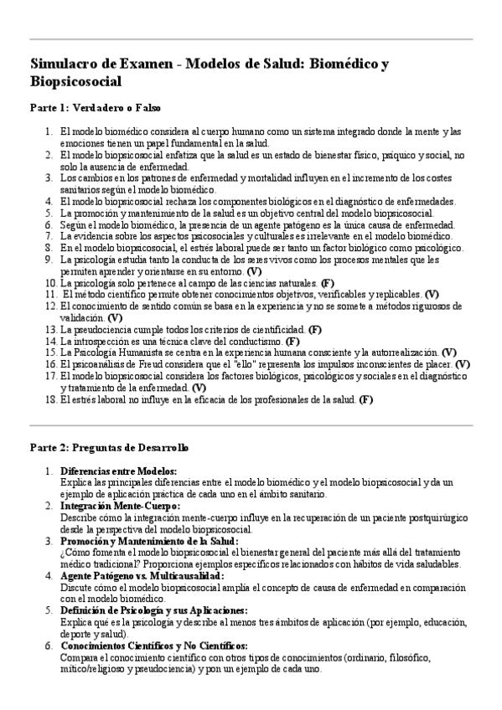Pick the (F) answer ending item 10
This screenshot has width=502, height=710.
328,283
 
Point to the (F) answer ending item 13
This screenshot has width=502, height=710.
315,329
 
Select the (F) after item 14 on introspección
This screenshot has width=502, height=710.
292,341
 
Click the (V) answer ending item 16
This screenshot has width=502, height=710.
463,364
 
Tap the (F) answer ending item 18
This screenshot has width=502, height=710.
366,399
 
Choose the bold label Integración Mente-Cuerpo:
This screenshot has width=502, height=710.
120,507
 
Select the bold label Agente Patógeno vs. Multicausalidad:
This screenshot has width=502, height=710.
142,576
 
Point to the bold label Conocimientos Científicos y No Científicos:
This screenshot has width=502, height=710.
154,646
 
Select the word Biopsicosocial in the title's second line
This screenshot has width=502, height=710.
76,82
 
